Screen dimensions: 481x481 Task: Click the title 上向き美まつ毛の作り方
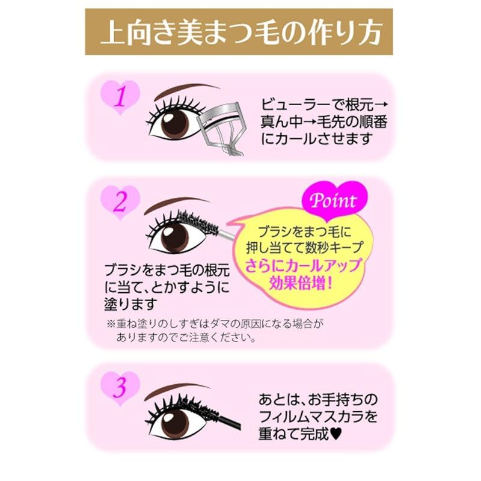point(241,33)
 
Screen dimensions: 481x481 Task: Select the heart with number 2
point(120,203)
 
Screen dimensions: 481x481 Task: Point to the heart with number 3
point(120,388)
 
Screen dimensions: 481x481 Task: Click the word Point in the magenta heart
point(334,201)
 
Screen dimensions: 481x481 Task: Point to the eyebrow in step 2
point(177,204)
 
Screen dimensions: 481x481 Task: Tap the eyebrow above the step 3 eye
point(177,390)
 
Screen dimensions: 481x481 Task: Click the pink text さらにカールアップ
point(303,265)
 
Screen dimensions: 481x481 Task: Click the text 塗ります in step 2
point(130,304)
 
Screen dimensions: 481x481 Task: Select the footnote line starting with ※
point(215,323)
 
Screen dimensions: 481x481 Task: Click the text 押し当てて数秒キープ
point(305,247)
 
